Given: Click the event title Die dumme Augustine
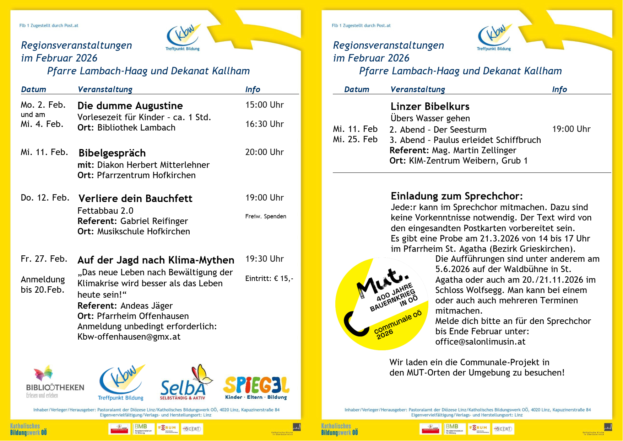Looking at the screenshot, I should click(130, 106).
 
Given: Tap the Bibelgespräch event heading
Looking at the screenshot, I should click(112, 153).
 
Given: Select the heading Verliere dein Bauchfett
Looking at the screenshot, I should click(135, 198).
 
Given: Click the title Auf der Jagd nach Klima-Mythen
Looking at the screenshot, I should click(156, 260).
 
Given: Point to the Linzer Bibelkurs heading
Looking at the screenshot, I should click(430, 106).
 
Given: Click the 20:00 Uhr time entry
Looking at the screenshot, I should click(264, 152).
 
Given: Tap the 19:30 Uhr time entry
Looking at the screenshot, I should click(264, 259).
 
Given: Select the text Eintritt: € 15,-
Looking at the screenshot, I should click(269, 278).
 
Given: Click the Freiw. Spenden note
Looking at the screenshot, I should click(265, 216).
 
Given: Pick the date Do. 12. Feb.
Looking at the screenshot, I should click(45, 198).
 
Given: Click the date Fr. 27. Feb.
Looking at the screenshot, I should click(44, 259).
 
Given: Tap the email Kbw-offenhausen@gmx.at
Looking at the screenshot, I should click(129, 337).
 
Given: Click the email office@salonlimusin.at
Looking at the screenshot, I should click(480, 342).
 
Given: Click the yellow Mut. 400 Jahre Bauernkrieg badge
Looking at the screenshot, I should click(382, 304).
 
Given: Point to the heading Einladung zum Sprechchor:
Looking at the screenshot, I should click(456, 196).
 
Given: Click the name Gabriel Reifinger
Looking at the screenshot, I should click(154, 221).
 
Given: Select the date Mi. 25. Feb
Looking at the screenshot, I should click(355, 139).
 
